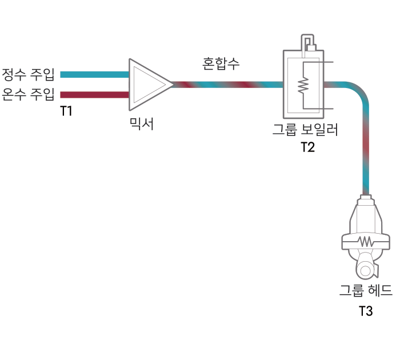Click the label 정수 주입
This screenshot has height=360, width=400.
pos(28,74)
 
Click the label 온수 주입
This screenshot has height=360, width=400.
pos(28,94)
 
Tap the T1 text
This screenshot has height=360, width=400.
pos(66,111)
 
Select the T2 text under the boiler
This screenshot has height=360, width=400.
pos(307,147)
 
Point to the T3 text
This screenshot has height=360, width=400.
pos(366,311)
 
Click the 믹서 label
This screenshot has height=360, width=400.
pos(142,124)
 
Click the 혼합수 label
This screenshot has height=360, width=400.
pos(221,64)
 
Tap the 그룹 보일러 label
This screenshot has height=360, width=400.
pos(305,129)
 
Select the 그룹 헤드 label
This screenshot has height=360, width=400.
pos(366,290)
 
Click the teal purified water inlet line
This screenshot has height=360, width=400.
pos(95,74)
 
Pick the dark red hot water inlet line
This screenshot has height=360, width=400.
pos(95,95)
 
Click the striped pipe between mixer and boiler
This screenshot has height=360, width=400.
pos(228,85)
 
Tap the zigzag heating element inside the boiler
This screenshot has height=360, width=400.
pos(303,85)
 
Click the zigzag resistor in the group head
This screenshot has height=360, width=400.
pos(366,241)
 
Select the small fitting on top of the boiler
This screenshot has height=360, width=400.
pos(307,43)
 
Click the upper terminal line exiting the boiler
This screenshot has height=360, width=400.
pos(318,62)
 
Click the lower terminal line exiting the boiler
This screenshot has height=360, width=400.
pos(318,109)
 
